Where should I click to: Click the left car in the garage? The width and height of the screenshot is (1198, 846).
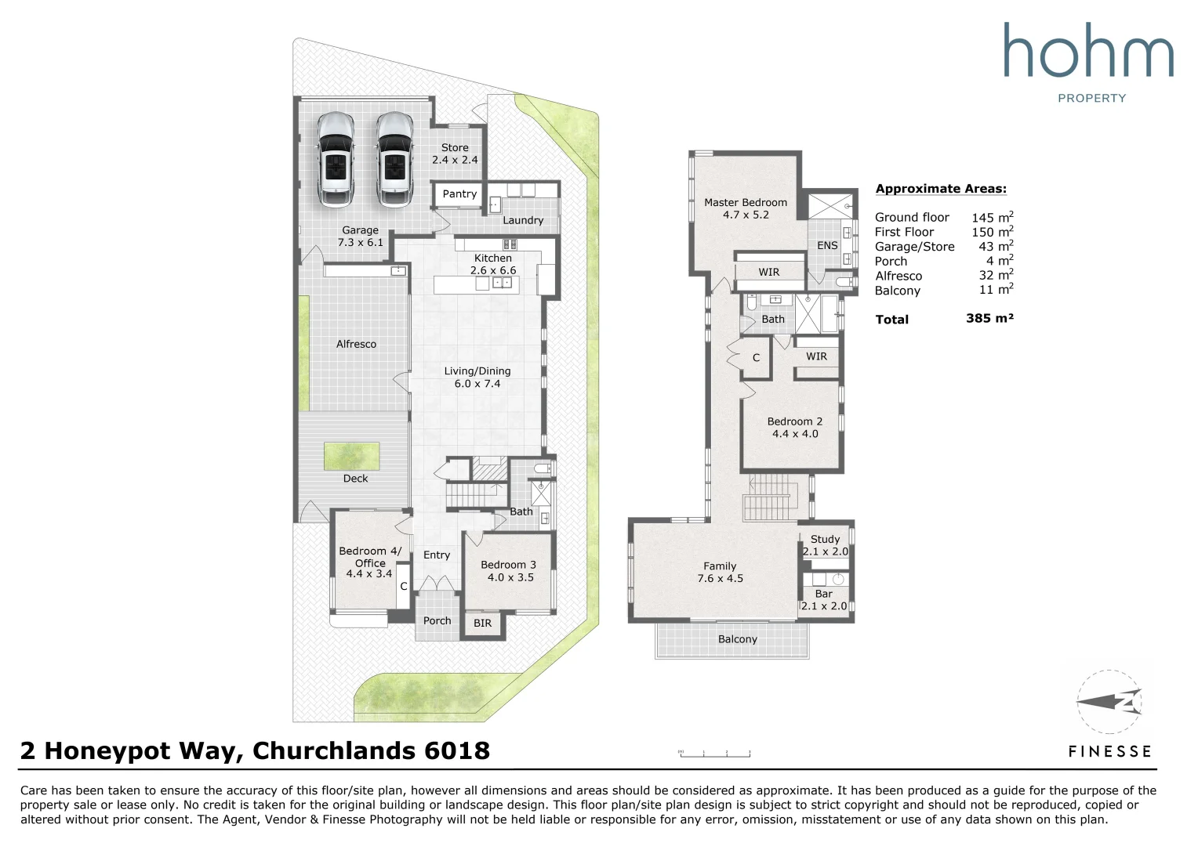point(336,159)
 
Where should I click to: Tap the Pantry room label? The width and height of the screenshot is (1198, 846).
point(459,194)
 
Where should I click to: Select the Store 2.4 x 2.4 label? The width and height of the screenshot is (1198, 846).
point(455,154)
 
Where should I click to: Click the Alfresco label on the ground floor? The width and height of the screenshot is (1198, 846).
point(356,344)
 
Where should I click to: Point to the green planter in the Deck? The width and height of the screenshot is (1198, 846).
point(351,456)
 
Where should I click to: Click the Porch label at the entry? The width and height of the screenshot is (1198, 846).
point(437,620)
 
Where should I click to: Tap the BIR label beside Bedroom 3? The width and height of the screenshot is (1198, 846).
point(482,624)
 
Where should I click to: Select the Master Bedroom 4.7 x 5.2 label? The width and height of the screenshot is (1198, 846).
point(746,208)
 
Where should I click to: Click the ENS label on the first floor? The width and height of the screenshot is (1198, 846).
point(827,245)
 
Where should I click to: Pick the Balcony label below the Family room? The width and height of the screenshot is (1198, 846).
point(738,639)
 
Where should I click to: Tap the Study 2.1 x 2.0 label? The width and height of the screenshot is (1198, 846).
point(826,545)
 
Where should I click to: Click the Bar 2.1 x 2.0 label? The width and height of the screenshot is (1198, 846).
point(823,599)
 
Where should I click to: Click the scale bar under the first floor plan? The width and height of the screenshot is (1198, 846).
point(714,754)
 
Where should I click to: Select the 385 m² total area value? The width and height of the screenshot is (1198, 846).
point(989,318)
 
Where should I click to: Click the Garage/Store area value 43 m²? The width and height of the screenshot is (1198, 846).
point(992,246)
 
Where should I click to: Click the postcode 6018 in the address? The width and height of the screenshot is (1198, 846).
point(457,750)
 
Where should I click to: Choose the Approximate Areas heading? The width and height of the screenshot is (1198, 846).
point(941,189)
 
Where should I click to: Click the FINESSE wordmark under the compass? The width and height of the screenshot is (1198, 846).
point(1109,752)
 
